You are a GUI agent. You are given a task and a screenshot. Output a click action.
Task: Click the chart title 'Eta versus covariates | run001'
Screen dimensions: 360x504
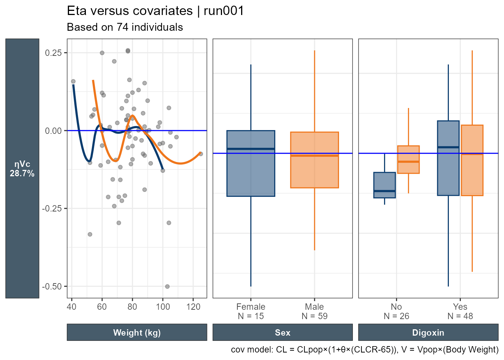(x=155, y=11)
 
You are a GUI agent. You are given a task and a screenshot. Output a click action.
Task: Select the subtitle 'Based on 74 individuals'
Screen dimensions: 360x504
(x=124, y=27)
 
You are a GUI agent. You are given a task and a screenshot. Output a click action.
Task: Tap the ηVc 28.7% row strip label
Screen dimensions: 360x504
(x=22, y=169)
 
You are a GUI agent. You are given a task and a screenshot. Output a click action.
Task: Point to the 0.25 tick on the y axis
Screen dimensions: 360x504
(x=53, y=53)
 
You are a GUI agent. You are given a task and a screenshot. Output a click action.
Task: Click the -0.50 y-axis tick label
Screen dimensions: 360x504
(x=52, y=286)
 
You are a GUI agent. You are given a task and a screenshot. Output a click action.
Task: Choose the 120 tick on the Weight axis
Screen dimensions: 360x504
(x=193, y=306)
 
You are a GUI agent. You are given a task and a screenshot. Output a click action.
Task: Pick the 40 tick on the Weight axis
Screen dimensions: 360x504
(x=72, y=306)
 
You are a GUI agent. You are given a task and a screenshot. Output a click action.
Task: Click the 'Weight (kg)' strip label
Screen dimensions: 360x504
(x=137, y=333)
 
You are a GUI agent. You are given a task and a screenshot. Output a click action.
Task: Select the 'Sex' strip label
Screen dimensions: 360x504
(x=282, y=333)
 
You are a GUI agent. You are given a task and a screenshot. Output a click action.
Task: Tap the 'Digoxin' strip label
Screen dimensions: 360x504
(x=428, y=333)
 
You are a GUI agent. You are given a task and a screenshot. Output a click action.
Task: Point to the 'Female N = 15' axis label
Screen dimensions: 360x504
(x=250, y=311)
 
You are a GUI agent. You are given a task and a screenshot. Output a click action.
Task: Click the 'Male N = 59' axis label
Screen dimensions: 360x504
(x=314, y=311)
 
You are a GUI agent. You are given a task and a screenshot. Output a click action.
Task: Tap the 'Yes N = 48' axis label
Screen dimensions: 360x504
(x=460, y=311)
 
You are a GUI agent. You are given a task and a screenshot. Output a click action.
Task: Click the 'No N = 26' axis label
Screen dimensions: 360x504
(x=396, y=311)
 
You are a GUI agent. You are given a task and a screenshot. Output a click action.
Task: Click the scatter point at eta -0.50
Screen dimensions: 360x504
(x=167, y=286)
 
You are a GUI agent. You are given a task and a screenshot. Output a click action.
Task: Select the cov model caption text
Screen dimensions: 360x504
(x=364, y=350)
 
